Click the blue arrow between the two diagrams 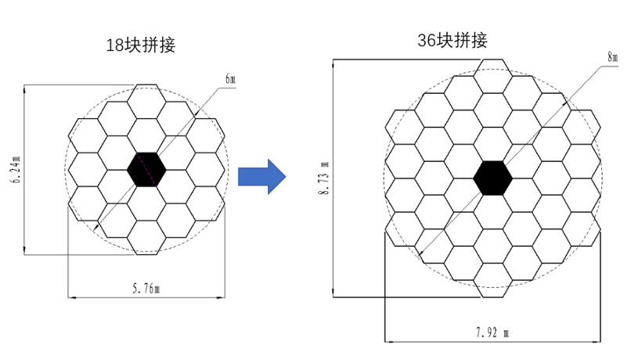click(x=261, y=175)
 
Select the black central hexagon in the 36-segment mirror click(x=492, y=177)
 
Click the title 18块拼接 click(x=141, y=45)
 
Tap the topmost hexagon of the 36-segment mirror click(x=492, y=76)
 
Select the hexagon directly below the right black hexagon click(x=492, y=211)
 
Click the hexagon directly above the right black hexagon click(x=492, y=143)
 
